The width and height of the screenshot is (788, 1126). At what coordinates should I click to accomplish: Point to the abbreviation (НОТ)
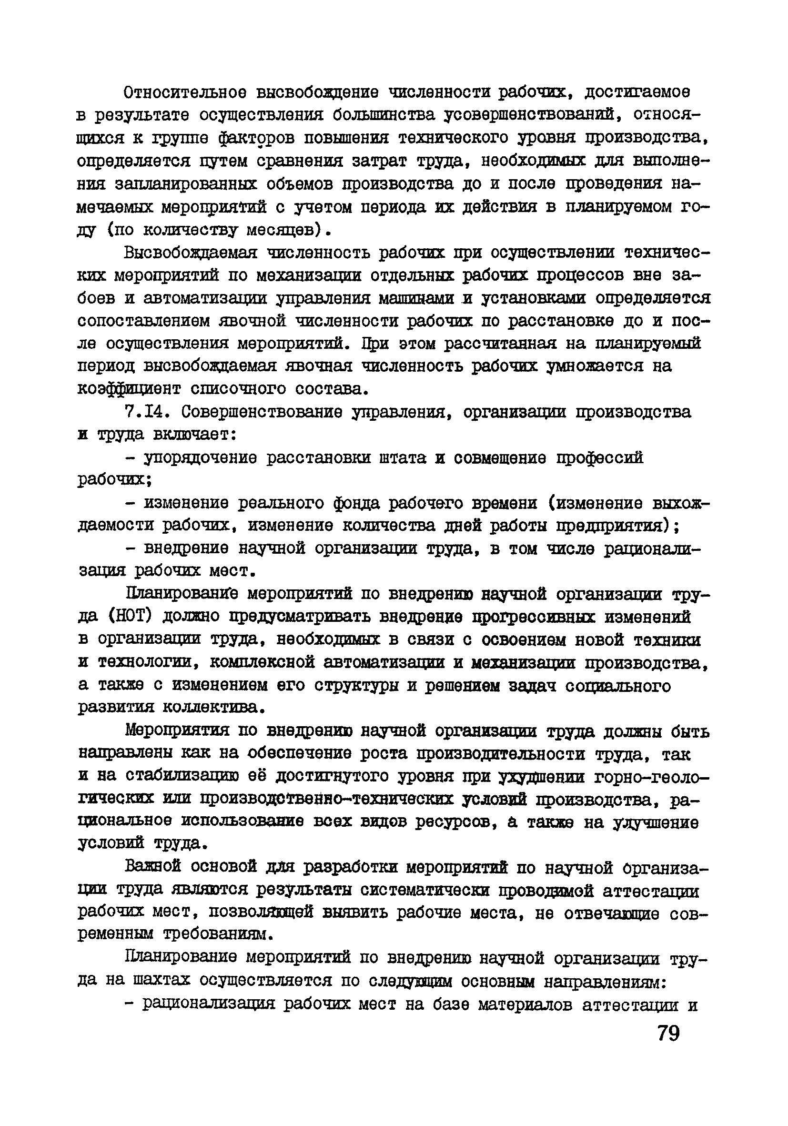tap(128, 617)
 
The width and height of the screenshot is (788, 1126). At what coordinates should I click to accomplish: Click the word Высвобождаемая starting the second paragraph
tap(191, 253)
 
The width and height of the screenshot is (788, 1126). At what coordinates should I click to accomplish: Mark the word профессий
tap(600, 458)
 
